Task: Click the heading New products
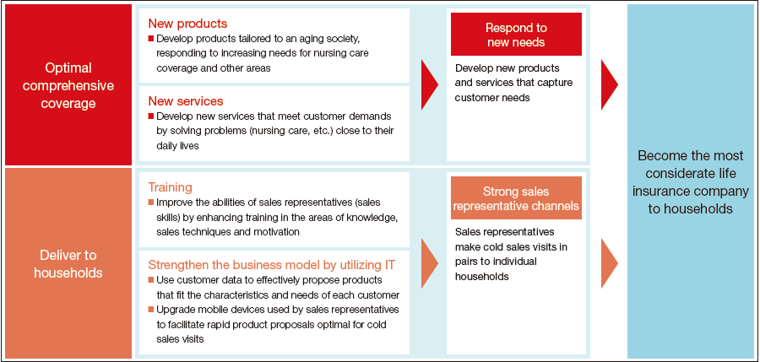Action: point(187,24)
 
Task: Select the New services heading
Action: point(186,100)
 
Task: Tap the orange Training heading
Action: point(170,187)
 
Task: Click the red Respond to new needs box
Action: point(516,35)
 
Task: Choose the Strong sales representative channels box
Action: point(516,198)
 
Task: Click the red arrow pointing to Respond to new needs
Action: point(430,84)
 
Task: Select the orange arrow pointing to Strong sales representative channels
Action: point(430,263)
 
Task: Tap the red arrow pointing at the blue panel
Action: point(609,84)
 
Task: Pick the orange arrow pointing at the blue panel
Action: point(609,263)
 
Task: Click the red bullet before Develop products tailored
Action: point(151,38)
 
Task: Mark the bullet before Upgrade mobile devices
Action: point(151,309)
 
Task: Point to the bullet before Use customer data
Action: point(151,280)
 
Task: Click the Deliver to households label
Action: point(68,263)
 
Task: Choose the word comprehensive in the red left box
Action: point(68,86)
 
